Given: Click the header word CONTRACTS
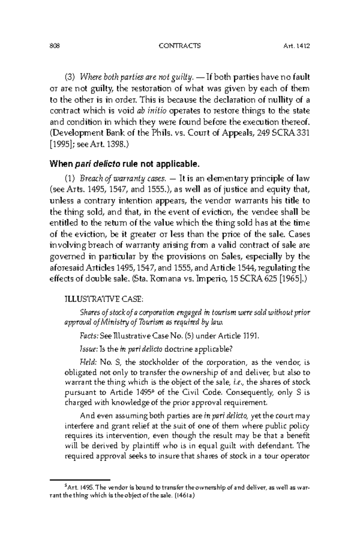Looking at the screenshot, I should click(180, 46).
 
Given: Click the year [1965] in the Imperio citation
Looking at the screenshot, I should click(291, 279).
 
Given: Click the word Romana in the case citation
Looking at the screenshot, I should click(162, 279).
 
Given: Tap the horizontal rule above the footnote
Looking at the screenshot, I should click(80, 480).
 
